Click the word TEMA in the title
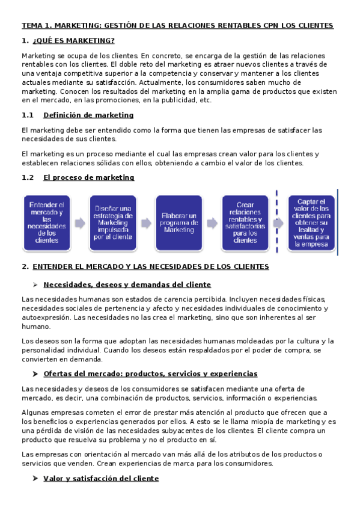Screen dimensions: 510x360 point(31,26)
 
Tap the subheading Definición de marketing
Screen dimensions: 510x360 point(88,115)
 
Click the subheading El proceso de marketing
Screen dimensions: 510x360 point(89,177)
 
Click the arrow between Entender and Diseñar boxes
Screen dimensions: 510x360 point(80,223)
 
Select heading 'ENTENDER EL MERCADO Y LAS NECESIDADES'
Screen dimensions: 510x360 point(150,266)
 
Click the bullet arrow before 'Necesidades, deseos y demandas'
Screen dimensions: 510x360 point(36,284)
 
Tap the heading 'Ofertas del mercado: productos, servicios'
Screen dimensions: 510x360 point(150,373)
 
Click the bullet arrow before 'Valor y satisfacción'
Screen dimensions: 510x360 point(36,478)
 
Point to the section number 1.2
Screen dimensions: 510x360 point(26,177)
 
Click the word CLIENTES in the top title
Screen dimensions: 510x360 point(313,26)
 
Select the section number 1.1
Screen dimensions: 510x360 point(26,115)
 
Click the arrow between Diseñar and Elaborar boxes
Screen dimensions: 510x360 point(146,223)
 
